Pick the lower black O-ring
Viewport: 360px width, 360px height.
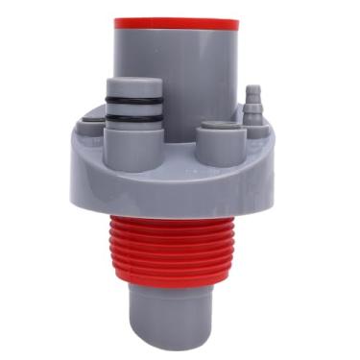click(131, 118)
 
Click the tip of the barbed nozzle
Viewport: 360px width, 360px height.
click(253, 90)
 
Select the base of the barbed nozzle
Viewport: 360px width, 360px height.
click(253, 118)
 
